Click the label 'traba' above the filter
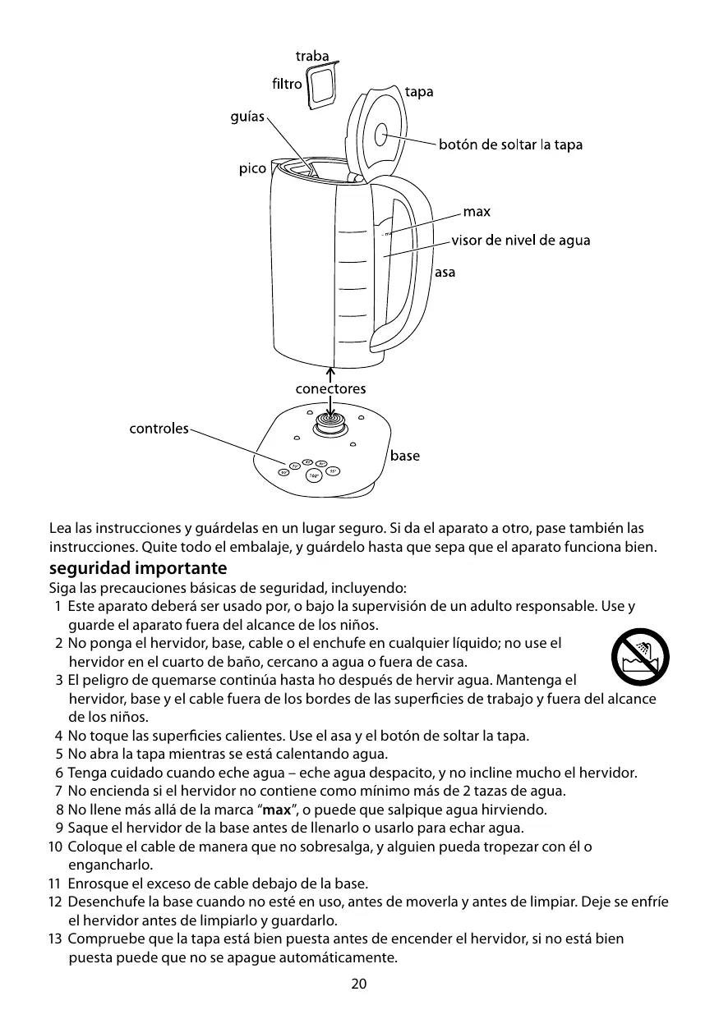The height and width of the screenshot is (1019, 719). coord(312,57)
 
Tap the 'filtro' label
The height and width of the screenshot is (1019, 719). coord(286,84)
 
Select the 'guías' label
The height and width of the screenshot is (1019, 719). coord(247,117)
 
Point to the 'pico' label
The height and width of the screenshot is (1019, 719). coord(252,169)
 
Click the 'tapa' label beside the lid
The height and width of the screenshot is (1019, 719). coord(419,92)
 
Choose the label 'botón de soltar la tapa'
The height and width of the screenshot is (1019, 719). coord(510,145)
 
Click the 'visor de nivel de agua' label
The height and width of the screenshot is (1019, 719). coord(520,241)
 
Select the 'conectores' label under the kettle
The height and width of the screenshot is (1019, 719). coord(330,388)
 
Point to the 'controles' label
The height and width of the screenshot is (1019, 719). coord(159,429)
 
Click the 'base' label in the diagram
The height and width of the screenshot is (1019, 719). coord(404,456)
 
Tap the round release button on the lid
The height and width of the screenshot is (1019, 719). coord(383,135)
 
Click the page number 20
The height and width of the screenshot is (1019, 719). coord(359,984)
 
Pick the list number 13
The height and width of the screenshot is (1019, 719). coord(54,939)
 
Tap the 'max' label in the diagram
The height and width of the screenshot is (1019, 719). coord(477,212)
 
